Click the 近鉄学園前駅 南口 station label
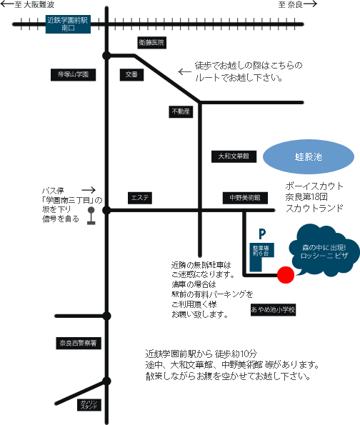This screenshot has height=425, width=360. tap(68, 24)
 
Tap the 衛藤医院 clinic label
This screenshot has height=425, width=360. tap(151, 43)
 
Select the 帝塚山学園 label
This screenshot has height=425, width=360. tap(73, 74)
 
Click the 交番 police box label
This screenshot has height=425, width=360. tap(131, 74)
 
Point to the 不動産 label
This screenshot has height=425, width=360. tap(181, 111)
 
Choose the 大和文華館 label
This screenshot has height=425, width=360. tap(234, 156)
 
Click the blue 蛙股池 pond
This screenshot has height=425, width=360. tap(309, 156)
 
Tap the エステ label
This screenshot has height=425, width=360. tap(139, 198)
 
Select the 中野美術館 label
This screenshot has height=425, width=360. tap(245, 198)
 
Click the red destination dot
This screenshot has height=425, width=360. tap(286, 275)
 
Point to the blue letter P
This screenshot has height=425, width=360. tap(262, 234)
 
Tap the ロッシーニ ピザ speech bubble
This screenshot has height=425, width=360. tap(324, 251)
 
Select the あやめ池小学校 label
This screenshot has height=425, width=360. tap(273, 309)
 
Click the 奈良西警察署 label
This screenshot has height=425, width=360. tap(79, 344)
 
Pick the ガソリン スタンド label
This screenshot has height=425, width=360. tap(89, 405)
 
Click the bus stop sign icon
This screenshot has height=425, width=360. tap(91, 216)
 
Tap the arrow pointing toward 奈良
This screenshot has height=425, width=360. tap(310, 4)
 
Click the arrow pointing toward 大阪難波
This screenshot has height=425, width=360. tap(7, 4)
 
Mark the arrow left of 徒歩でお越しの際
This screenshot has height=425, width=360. tap(184, 72)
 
